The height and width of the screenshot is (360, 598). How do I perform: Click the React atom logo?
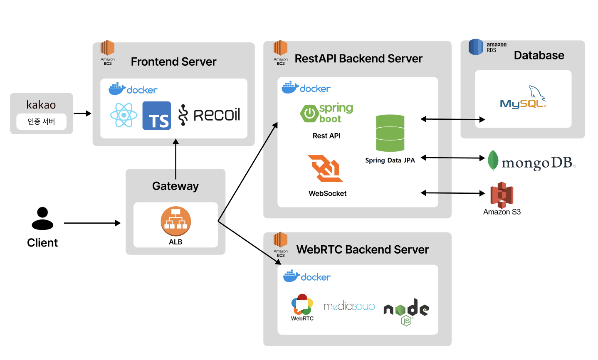[124, 115]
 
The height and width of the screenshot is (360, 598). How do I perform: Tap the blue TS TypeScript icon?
[157, 116]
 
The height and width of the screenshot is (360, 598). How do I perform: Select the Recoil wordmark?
[210, 115]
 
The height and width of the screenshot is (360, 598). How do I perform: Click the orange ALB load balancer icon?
[175, 221]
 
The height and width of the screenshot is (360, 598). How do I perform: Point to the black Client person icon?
[42, 219]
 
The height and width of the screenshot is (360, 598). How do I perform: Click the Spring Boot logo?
[327, 113]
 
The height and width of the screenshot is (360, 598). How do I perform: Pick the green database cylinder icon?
[390, 133]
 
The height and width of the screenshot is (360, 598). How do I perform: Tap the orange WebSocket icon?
[325, 168]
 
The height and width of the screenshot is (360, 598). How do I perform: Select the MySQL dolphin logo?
[523, 98]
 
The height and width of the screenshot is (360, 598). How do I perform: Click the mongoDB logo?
[532, 162]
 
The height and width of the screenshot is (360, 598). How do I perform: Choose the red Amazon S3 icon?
[502, 195]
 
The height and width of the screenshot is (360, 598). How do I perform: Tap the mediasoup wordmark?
[349, 307]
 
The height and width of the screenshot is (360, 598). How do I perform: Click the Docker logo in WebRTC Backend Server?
[307, 276]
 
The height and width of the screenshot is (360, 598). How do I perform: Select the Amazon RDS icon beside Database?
[476, 47]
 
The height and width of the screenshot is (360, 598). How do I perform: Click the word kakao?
[41, 105]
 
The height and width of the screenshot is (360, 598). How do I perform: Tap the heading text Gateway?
[175, 186]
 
